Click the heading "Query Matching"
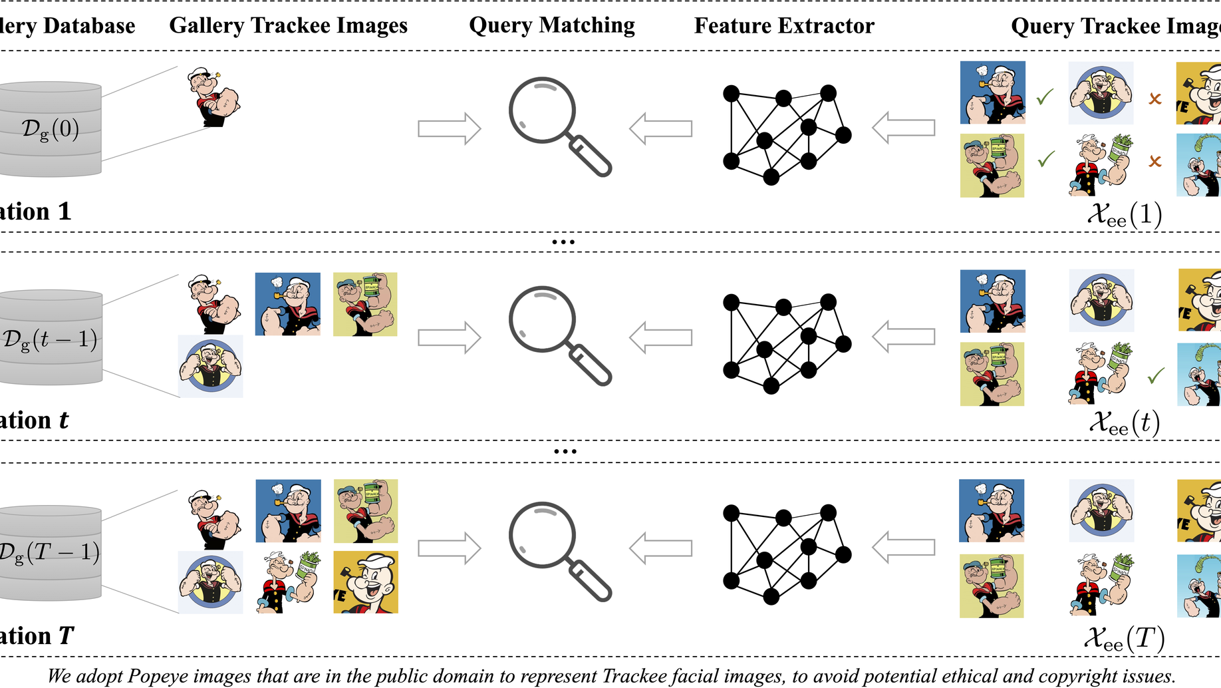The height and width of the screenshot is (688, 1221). pos(551,25)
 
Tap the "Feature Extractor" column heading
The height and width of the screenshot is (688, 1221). pos(784,26)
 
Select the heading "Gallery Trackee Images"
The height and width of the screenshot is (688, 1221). pos(288,25)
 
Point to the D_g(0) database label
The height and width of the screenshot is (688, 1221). pos(51,128)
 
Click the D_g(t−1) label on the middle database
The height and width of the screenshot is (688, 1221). pos(51,339)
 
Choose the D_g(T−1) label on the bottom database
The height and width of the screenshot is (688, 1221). pos(50,552)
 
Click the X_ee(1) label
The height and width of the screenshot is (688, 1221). pos(1124,214)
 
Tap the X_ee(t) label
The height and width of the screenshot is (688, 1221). pos(1124,423)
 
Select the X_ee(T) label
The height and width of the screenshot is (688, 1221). pos(1124,639)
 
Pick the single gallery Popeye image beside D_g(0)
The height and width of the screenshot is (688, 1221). pos(213,97)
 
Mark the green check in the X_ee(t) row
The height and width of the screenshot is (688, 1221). pos(1156,376)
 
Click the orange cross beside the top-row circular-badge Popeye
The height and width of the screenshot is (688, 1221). pos(1155,99)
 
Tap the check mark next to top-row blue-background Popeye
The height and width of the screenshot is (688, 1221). pos(1045,97)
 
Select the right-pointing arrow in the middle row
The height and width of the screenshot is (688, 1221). pos(449,337)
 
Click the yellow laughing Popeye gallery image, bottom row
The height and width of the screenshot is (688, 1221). pos(366,582)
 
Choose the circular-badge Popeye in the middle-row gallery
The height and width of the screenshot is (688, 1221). pos(211,367)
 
